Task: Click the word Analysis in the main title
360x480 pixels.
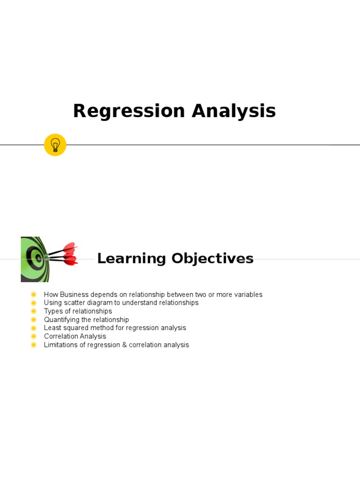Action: pos(233,112)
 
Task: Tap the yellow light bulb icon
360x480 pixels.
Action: pos(55,145)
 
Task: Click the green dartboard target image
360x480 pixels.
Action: pos(34,259)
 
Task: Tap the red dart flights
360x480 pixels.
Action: pos(70,254)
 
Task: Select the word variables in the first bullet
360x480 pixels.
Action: pos(247,295)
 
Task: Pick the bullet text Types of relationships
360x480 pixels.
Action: pos(78,311)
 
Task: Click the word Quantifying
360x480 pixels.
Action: pos(61,320)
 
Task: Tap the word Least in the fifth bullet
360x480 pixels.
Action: pos(52,328)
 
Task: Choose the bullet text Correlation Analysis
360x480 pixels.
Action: pos(75,337)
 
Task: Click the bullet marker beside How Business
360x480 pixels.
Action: pos(33,295)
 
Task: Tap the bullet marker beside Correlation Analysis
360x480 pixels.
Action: pos(33,337)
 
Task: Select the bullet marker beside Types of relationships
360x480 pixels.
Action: pos(33,311)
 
